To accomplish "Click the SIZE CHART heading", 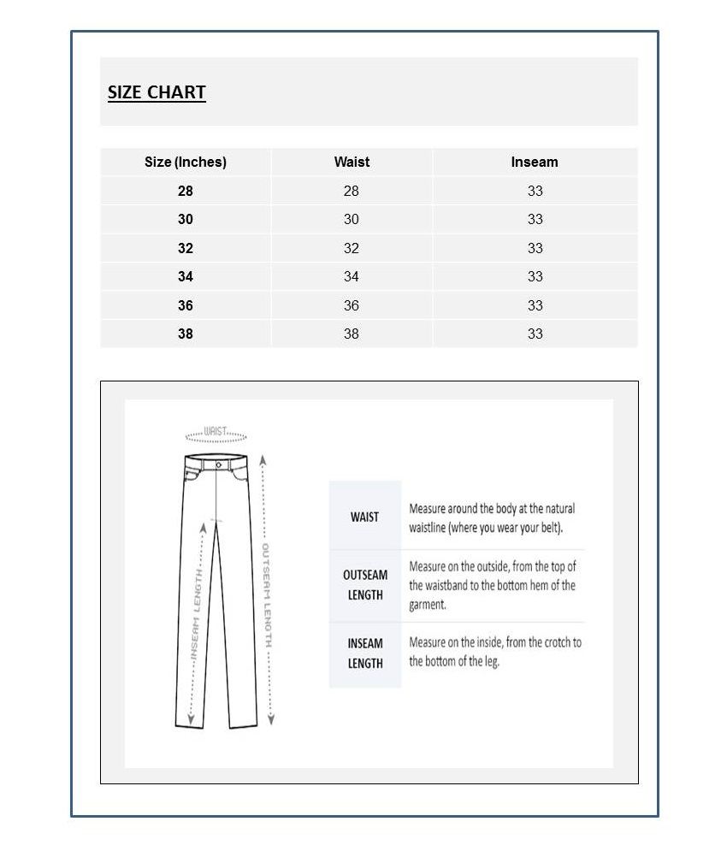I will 157,92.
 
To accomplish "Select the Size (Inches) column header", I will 186,162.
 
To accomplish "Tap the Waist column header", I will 352,162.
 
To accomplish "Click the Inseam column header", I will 535,162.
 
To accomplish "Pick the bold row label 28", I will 186,191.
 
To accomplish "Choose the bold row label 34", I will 186,276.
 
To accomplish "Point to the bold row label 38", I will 186,334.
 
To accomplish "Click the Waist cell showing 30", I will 352,219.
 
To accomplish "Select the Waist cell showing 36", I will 352,305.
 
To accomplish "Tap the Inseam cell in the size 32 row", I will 535,248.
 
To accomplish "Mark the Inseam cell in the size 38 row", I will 535,334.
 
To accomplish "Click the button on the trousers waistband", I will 218,464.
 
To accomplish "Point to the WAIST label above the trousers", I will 216,432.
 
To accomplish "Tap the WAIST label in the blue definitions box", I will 364,517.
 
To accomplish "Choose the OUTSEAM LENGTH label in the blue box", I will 365,585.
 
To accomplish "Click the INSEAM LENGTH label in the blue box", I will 365,653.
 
